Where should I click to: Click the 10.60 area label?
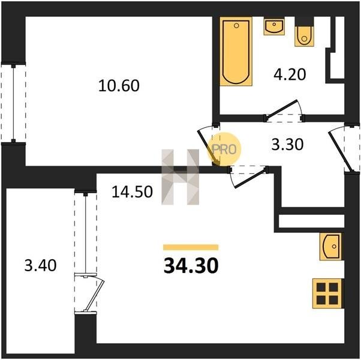[119, 85]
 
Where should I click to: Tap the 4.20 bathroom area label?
[290, 74]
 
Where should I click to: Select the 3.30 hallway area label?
[287, 145]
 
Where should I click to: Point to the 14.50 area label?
[132, 191]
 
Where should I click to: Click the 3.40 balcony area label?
[41, 265]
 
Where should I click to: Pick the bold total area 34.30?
[191, 266]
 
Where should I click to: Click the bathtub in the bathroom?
[236, 52]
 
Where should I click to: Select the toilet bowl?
[304, 36]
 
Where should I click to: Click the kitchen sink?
[331, 247]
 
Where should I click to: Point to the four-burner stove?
[328, 293]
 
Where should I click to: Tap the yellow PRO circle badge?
[224, 149]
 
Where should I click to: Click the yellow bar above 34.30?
[191, 247]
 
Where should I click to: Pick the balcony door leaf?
[95, 295]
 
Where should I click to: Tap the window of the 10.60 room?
[13, 103]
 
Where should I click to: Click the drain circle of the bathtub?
[236, 26]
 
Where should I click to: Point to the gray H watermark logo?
[180, 177]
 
